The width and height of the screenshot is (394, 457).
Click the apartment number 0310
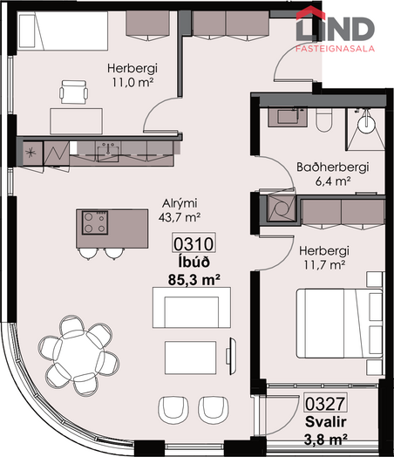tap(194, 243)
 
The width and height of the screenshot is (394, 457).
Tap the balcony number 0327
tap(325, 403)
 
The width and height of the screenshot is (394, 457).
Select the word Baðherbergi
tap(333, 167)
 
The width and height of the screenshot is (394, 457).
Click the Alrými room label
tap(180, 203)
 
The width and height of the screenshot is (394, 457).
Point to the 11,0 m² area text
tap(132, 83)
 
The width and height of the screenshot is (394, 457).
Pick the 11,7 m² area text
tap(324, 265)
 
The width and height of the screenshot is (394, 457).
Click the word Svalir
tap(325, 422)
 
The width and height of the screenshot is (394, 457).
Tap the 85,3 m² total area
tap(194, 280)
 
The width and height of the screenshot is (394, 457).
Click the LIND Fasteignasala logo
tap(336, 29)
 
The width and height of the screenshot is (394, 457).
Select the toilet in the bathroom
tap(323, 120)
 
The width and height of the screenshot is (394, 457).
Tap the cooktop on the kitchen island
tap(95, 222)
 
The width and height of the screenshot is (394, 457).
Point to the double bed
tap(340, 324)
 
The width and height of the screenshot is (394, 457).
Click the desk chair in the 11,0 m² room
tap(74, 92)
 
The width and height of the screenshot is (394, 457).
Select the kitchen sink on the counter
tap(108, 152)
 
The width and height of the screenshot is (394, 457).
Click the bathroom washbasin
tap(288, 117)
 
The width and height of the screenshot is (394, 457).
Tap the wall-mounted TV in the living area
tap(232, 356)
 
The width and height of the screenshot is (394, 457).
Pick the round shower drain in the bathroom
tap(367, 125)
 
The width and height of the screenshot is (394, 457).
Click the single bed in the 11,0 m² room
tap(62, 31)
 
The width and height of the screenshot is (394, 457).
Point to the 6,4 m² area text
tap(333, 181)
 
